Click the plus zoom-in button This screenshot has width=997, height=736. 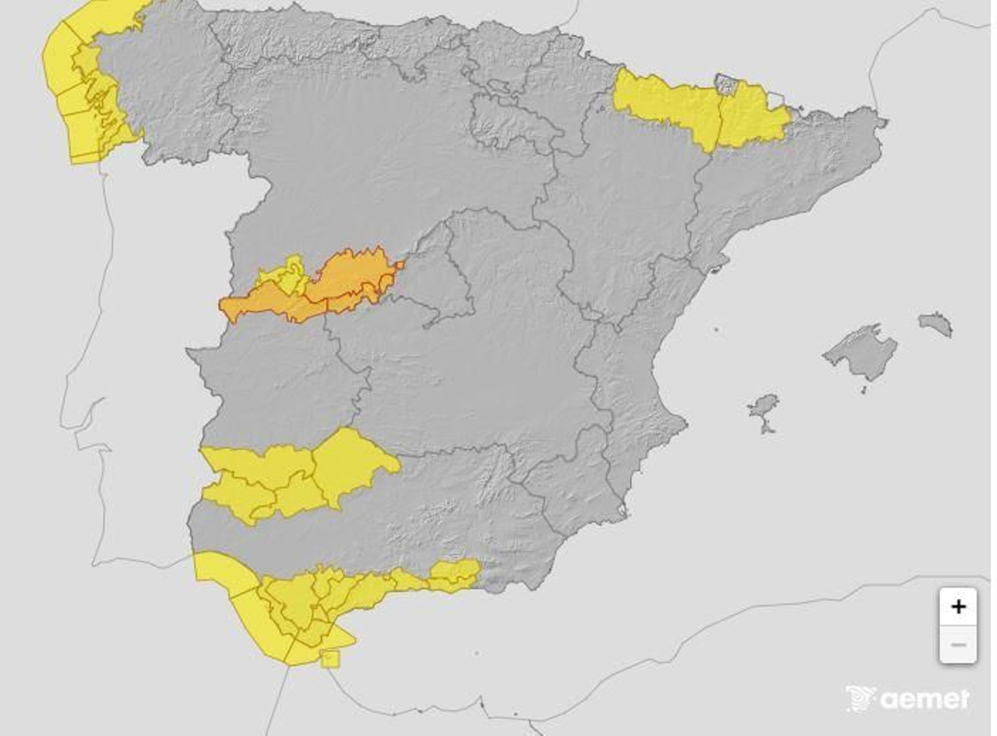[958, 606]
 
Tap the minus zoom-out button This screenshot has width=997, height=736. [958, 644]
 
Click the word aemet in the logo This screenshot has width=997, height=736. [926, 699]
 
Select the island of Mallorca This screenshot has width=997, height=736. [862, 353]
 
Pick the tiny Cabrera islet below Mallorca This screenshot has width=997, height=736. [863, 391]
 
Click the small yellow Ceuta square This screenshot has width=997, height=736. [330, 658]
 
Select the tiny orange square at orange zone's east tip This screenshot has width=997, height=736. [399, 265]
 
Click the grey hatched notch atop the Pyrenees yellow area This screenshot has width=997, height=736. [726, 84]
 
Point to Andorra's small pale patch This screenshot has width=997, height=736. [775, 100]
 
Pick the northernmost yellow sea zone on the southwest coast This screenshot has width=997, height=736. [221, 570]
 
